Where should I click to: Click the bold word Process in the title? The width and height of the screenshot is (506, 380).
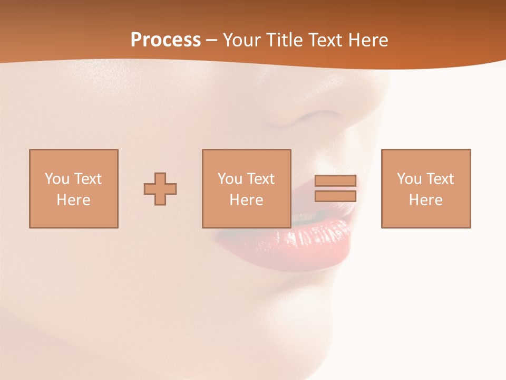[x=166, y=40]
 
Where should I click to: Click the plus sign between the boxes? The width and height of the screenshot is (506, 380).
[x=160, y=189]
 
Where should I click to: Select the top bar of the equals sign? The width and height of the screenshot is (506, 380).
[x=335, y=180]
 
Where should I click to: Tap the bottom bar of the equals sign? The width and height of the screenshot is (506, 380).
[x=335, y=196]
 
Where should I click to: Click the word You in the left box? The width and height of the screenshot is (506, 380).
[x=57, y=179]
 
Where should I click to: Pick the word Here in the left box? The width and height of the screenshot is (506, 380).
[x=73, y=200]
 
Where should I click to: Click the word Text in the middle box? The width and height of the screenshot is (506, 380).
[x=261, y=179]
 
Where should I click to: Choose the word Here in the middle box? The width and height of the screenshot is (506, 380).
[x=246, y=200]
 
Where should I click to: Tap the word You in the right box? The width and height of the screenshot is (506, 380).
[x=409, y=179]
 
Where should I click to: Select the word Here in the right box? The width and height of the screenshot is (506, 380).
[x=425, y=200]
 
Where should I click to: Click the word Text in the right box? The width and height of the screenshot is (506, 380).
[x=440, y=179]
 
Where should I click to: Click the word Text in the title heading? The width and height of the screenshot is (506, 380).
[x=324, y=40]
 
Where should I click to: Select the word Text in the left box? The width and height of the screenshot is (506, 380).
[x=88, y=179]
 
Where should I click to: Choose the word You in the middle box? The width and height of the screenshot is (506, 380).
[x=230, y=179]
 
